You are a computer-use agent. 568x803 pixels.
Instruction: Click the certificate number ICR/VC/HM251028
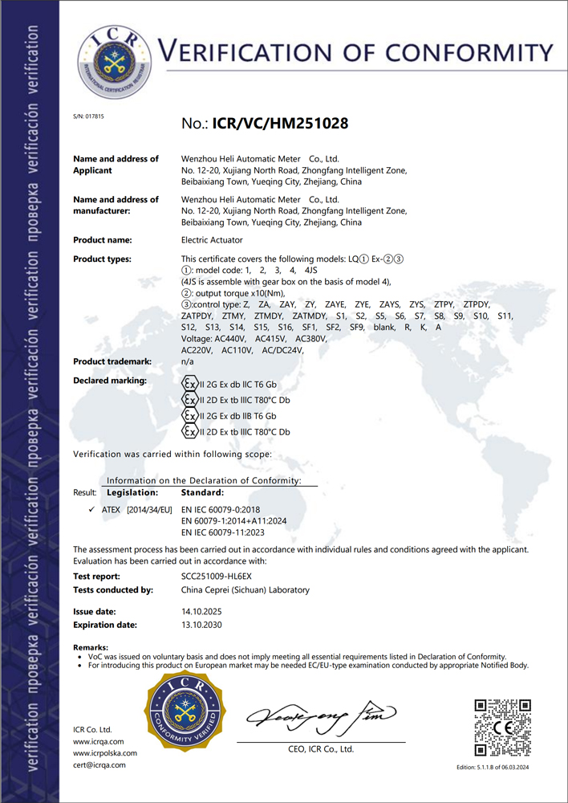pos(280,124)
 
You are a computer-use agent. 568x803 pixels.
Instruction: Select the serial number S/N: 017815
pos(88,117)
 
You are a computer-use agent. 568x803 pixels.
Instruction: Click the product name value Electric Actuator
pos(212,240)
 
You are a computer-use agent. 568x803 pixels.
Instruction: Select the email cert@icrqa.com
pos(99,765)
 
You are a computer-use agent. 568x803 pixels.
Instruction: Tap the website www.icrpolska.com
pos(105,753)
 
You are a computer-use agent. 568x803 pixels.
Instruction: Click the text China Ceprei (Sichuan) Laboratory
pos(245,590)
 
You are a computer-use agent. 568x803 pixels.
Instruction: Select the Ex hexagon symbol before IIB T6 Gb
pos(190,416)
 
